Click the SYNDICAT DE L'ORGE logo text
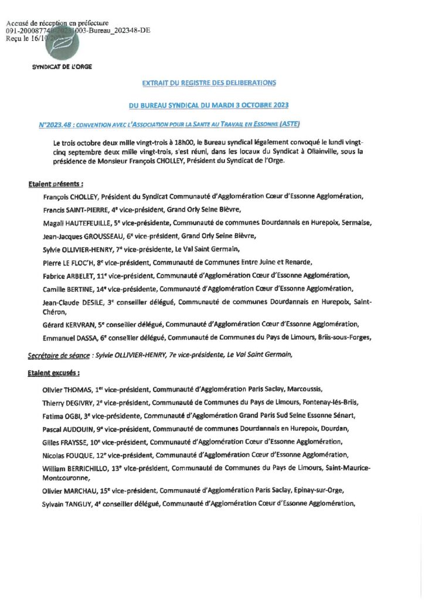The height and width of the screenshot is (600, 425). pos(62,67)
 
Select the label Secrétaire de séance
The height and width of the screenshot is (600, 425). pos(58,355)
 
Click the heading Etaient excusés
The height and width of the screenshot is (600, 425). pos(53,372)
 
